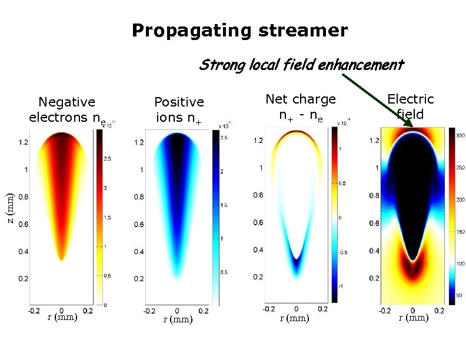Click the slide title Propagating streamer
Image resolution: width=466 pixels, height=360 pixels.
point(239,31)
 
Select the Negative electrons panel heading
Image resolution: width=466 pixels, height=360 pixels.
point(66,110)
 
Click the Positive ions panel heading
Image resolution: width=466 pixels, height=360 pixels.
point(179,110)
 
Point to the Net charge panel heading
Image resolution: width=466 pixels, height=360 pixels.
point(300,106)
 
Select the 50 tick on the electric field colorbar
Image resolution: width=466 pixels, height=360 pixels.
point(460,294)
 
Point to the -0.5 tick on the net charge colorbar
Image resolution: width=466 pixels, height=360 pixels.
point(345,252)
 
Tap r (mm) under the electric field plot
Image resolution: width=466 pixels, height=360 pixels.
point(414,318)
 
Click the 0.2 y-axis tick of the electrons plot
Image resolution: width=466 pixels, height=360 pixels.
point(23,278)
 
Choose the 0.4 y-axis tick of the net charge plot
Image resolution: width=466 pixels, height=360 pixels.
point(258,250)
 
